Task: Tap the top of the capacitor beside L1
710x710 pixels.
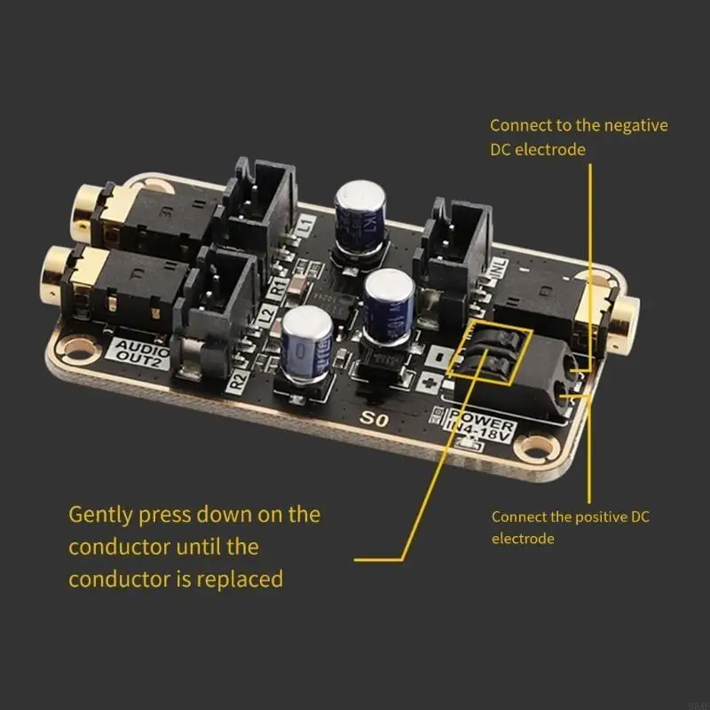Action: point(359,197)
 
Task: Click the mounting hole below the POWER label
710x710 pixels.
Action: point(537,446)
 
